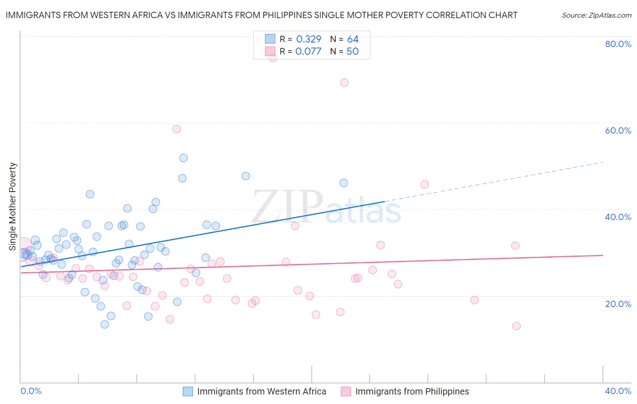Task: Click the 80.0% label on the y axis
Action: tap(618, 44)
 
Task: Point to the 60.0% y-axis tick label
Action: tap(618, 130)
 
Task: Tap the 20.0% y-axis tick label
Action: tap(618, 304)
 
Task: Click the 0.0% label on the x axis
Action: tap(31, 391)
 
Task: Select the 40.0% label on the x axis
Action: tap(618, 391)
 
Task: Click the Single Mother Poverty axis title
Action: tap(13, 207)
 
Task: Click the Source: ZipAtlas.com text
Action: tap(596, 15)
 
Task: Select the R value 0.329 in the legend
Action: tap(309, 39)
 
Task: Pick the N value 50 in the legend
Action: tap(352, 52)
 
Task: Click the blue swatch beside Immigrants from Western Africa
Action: tap(188, 391)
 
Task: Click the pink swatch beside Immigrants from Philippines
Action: tap(346, 391)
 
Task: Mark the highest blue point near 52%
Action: tap(183, 158)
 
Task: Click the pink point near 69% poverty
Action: tap(344, 82)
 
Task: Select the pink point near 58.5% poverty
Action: tap(177, 129)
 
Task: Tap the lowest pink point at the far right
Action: tap(516, 326)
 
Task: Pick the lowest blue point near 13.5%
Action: tap(105, 324)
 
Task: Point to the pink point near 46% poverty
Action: tap(425, 184)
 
